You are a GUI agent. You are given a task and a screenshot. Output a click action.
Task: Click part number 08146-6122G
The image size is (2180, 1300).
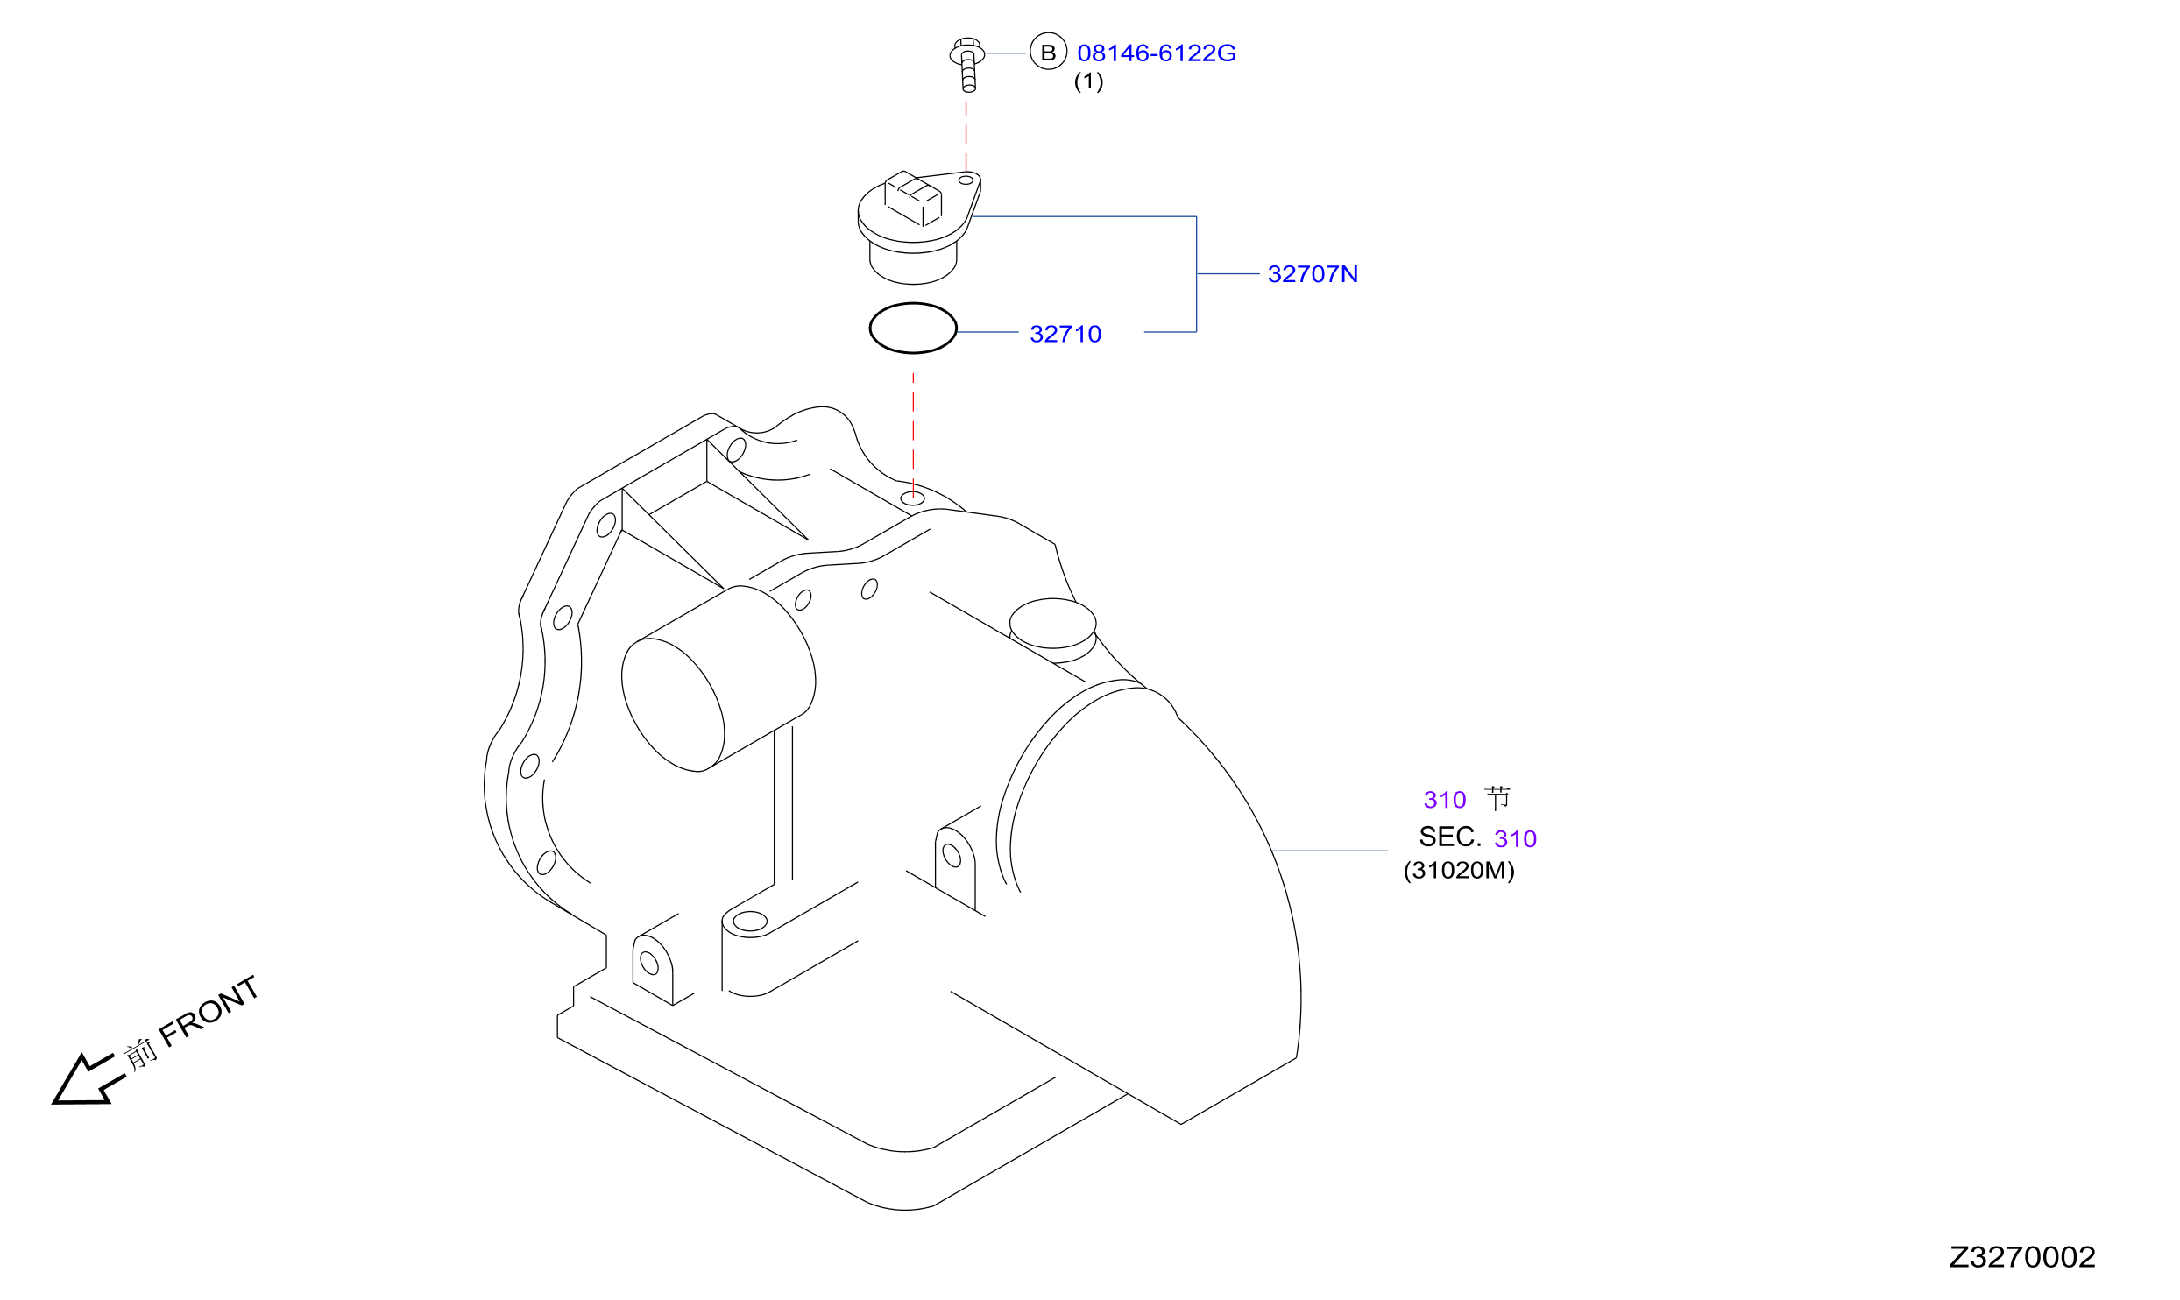(x=1157, y=53)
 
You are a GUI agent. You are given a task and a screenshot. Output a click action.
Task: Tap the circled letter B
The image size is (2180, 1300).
(x=1048, y=53)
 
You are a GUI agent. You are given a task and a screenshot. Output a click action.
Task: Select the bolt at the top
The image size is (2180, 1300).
(x=967, y=64)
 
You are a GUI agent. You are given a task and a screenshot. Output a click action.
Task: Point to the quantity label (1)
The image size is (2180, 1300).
(x=1088, y=81)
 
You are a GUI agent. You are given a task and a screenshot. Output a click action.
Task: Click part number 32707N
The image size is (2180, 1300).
(x=1313, y=274)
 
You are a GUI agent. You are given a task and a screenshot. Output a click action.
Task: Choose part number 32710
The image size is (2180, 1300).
(x=1065, y=334)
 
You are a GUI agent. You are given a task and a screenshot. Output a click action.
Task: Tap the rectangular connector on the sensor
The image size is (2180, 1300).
(x=913, y=199)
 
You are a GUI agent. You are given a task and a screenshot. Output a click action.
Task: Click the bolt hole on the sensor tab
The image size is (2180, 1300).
(x=966, y=180)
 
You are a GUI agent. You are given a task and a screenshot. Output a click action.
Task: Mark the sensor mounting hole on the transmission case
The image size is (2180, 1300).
(x=913, y=498)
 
